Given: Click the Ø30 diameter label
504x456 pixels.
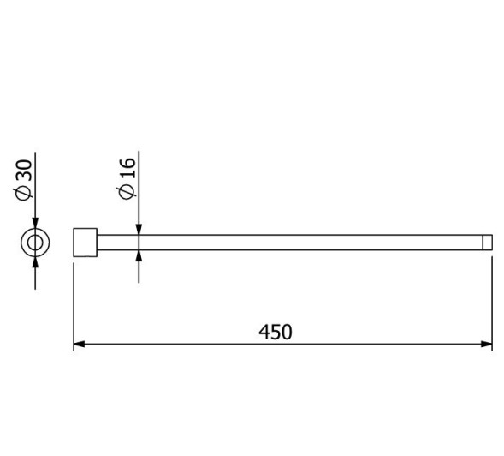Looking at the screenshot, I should pyautogui.click(x=26, y=181).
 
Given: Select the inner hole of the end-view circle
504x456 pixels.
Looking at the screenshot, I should pyautogui.click(x=34, y=243).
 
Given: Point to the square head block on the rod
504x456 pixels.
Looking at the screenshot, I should pyautogui.click(x=86, y=243).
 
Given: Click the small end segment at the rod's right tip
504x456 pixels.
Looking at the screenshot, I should pyautogui.click(x=489, y=243).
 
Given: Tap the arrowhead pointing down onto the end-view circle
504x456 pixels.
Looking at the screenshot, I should pyautogui.click(x=34, y=223).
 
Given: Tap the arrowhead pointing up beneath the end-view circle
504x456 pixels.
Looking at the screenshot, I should pyautogui.click(x=34, y=262).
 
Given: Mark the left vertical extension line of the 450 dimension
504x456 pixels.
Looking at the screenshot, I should pyautogui.click(x=74, y=300).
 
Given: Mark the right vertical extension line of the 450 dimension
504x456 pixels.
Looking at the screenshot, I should pyautogui.click(x=492, y=300).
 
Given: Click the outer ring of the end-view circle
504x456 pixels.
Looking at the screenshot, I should pyautogui.click(x=24, y=243).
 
